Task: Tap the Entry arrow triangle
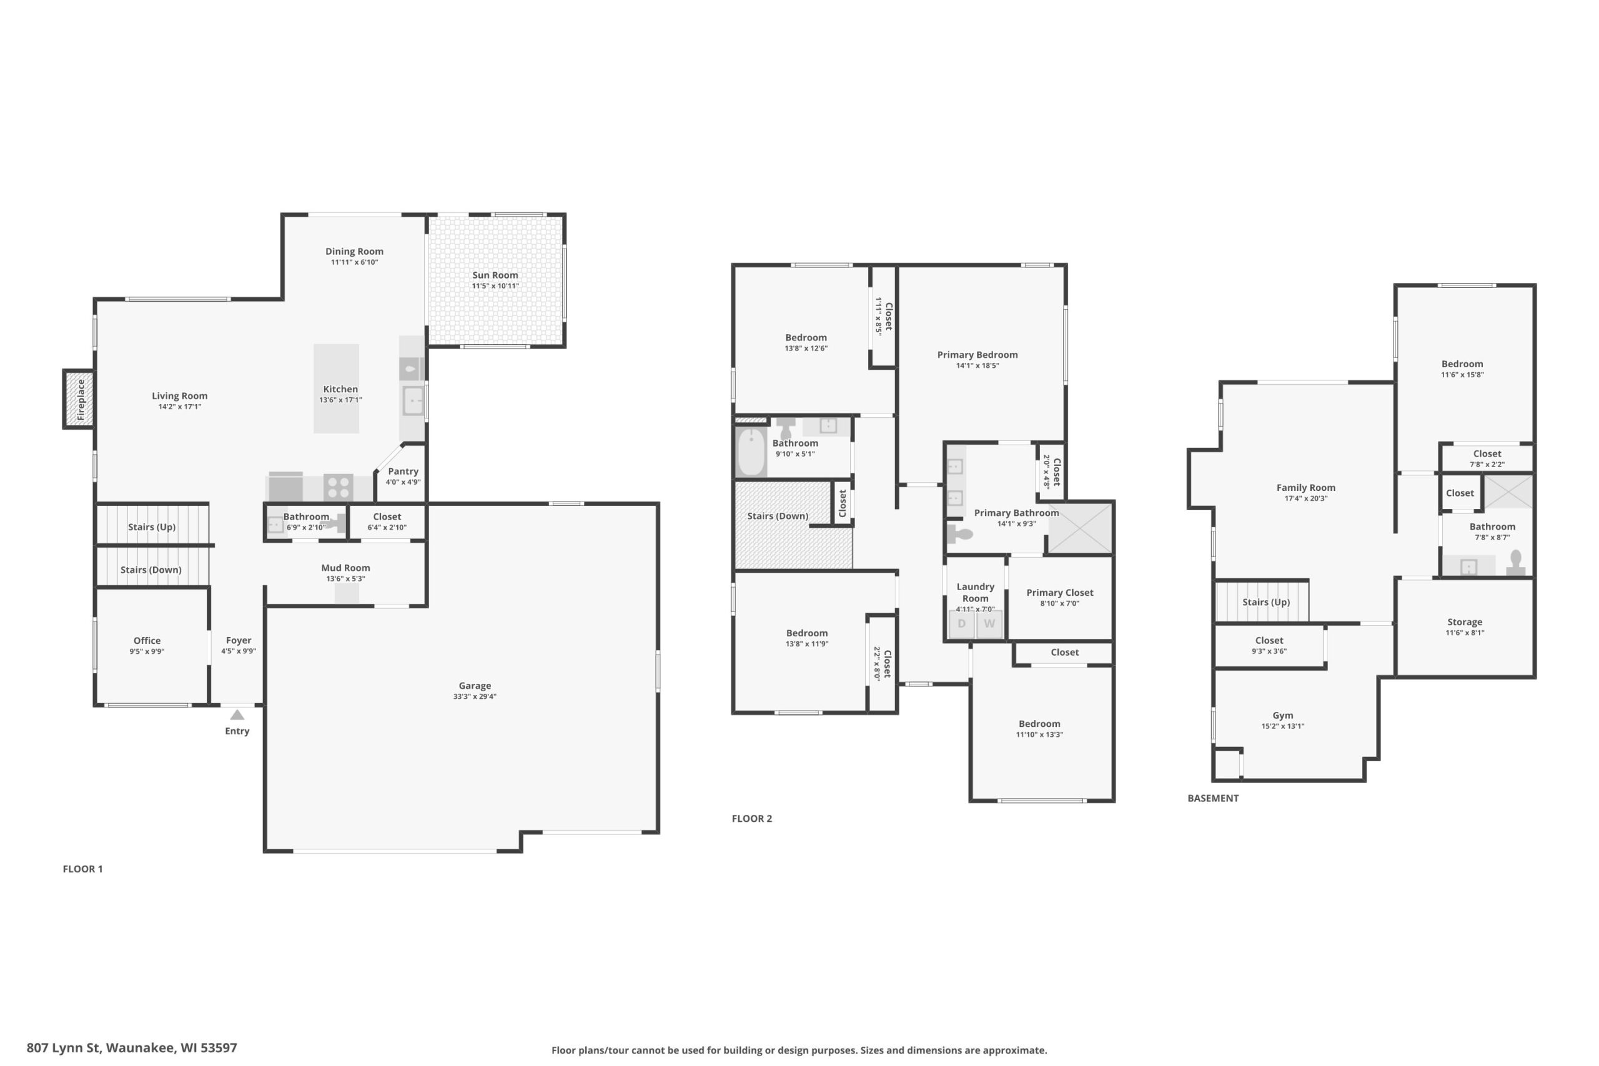[x=237, y=715]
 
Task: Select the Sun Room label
[x=495, y=275]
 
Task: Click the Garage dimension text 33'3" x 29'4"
[x=475, y=697]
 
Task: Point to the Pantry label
[x=403, y=471]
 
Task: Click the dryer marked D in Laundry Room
[x=961, y=624]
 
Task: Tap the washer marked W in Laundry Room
[x=989, y=624]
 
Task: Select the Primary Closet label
[x=1060, y=593]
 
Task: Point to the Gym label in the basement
[x=1283, y=715]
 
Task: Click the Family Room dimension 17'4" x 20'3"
[x=1306, y=498]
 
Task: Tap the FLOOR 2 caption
[x=752, y=819]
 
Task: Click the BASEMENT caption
[x=1213, y=798]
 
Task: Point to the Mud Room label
[x=345, y=568]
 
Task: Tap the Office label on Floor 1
[x=147, y=641]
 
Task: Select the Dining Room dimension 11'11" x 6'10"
[x=354, y=262]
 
